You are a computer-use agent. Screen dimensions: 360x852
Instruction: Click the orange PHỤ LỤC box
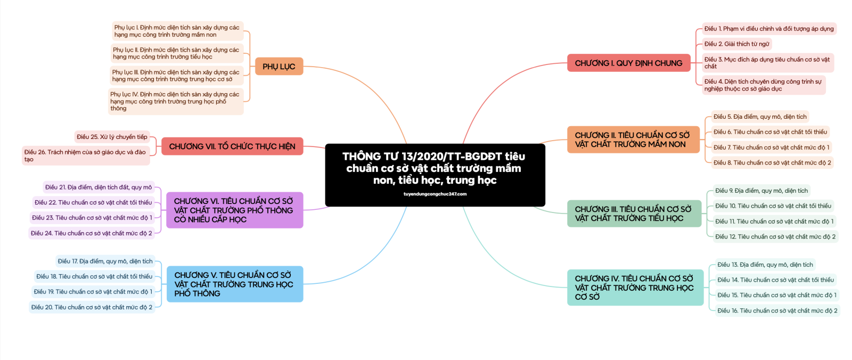tap(278, 67)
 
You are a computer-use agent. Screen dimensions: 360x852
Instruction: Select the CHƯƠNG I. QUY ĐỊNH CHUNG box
tap(628, 63)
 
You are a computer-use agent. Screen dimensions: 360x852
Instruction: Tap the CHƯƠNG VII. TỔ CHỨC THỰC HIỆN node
tap(232, 146)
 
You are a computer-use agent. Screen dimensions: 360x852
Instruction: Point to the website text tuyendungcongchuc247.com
tap(435, 194)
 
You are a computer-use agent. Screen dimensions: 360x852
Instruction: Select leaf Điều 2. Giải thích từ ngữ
tap(736, 44)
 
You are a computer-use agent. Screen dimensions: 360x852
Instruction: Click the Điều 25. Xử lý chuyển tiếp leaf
tap(112, 137)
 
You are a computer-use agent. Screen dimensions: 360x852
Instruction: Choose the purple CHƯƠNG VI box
tap(234, 210)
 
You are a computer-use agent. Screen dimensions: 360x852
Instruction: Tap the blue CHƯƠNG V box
tap(234, 284)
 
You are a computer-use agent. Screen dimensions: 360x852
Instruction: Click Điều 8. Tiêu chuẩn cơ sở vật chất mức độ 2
tap(772, 163)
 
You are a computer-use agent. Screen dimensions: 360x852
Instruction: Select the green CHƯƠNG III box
tap(634, 214)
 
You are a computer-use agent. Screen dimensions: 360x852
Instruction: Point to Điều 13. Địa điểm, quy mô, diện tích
tap(765, 265)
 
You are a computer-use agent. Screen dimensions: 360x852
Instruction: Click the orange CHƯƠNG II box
tap(633, 140)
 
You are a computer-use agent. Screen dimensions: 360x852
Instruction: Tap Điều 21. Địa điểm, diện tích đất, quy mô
tap(99, 187)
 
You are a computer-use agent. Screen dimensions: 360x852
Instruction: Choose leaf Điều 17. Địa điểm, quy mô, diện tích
tap(105, 261)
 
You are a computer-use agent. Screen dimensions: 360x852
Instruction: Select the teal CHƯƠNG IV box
tap(635, 288)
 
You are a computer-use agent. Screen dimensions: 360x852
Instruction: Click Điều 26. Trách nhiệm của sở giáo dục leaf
tap(85, 156)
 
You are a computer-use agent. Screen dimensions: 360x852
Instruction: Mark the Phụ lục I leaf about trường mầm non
tap(177, 31)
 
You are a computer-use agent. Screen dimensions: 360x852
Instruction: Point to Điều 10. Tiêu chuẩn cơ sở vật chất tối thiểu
tap(773, 206)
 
